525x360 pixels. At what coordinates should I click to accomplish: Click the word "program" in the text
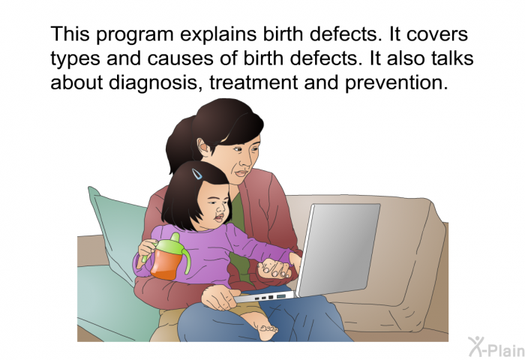pos(135,35)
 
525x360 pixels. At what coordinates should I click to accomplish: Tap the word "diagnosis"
pos(153,82)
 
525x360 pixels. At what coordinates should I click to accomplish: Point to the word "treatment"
pos(253,82)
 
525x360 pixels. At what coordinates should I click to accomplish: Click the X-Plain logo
pos(496,347)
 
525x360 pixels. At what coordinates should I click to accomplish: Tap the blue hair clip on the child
pos(196,174)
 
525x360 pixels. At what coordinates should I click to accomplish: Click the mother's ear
pos(203,148)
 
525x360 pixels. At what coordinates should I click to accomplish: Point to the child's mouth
pos(218,219)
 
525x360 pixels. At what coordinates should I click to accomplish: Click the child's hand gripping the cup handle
pos(147,247)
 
